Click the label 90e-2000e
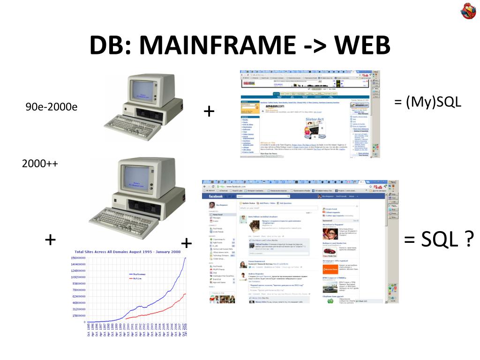pyautogui.click(x=52, y=107)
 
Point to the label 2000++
pyautogui.click(x=40, y=164)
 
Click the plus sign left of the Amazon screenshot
pyautogui.click(x=209, y=112)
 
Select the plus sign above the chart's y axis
pyautogui.click(x=50, y=240)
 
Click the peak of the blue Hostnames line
pyautogui.click(x=186, y=258)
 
